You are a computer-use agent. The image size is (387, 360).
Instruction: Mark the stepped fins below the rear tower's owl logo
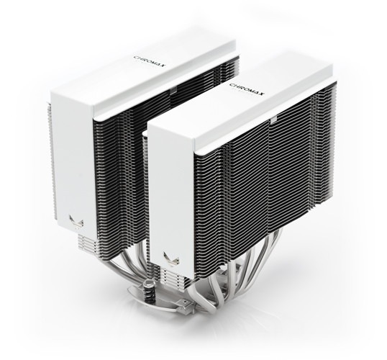[79, 234]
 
